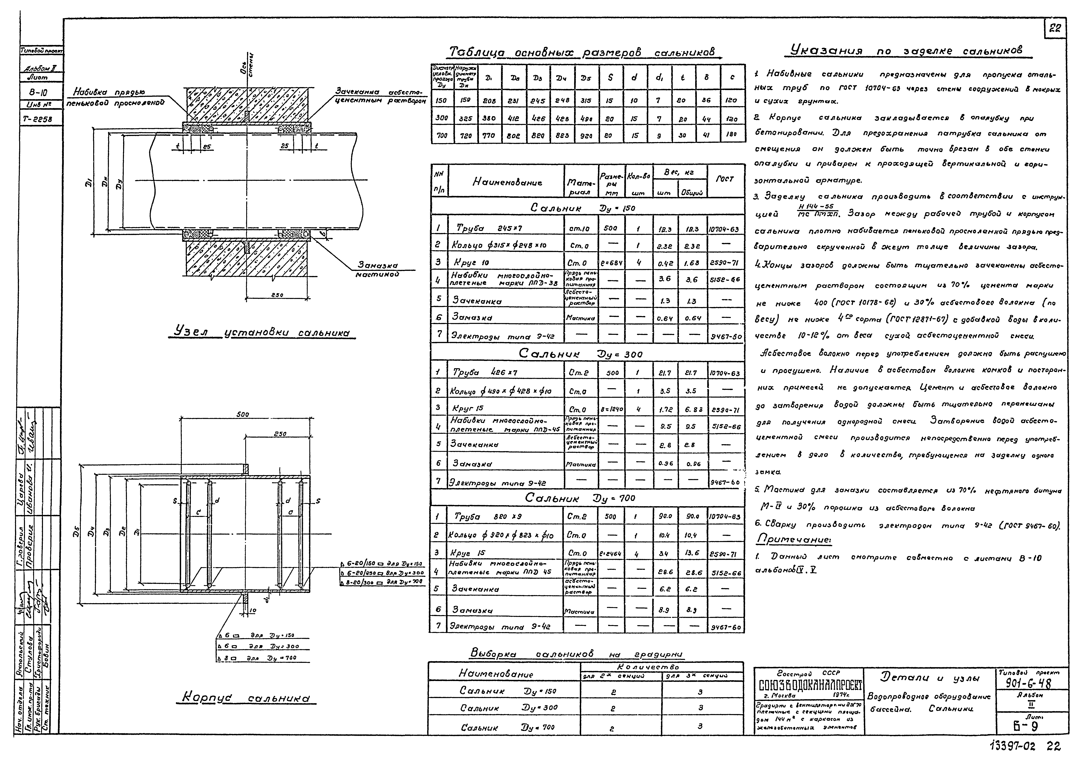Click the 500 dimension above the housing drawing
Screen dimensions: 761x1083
pyautogui.click(x=242, y=415)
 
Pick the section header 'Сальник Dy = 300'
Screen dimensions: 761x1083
pyautogui.click(x=580, y=353)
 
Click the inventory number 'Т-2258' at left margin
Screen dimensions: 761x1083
pyautogui.click(x=40, y=119)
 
